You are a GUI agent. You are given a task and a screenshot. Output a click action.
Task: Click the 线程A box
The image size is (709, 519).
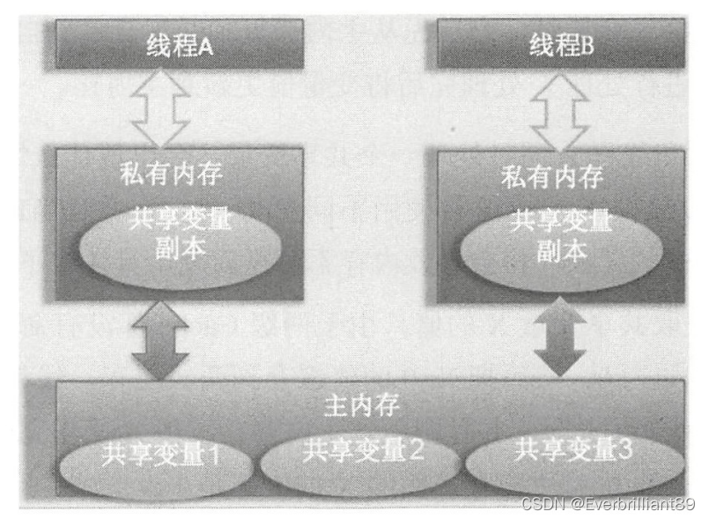point(180,45)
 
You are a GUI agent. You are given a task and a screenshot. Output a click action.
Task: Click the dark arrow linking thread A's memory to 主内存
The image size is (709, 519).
point(159,338)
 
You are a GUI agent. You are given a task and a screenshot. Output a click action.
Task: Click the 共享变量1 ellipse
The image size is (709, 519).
point(159,458)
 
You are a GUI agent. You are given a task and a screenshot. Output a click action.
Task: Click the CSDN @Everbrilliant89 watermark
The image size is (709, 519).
point(608,505)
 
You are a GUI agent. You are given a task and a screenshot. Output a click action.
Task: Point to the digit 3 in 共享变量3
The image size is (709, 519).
point(624,451)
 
